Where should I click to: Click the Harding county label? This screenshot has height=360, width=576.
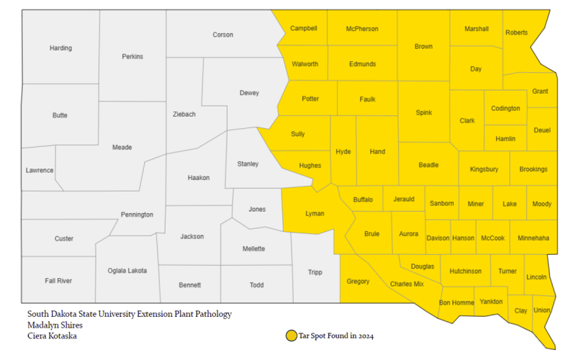point(60,48)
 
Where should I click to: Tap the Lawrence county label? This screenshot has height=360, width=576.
point(40,170)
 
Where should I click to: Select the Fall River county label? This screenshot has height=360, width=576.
point(58,280)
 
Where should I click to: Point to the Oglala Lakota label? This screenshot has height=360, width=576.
point(127,271)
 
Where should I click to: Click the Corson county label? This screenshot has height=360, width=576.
point(222,35)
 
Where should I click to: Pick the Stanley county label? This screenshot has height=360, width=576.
point(248,164)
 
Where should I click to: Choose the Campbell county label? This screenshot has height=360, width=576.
point(303,29)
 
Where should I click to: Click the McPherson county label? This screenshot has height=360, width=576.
point(361,29)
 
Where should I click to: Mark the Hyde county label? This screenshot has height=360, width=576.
point(343,152)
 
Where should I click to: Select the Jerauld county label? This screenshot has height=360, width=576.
point(403,199)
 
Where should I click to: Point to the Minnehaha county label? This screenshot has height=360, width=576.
point(533,238)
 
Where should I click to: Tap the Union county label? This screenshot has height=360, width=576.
point(542,310)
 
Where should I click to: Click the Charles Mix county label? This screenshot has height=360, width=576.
point(407,284)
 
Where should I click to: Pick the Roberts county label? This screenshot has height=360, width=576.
point(516,32)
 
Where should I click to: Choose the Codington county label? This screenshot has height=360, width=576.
point(505,109)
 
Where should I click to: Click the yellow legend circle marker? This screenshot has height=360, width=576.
point(291,336)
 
